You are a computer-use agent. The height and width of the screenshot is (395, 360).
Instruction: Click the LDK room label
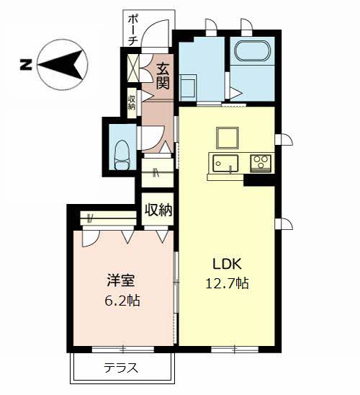point(228,265)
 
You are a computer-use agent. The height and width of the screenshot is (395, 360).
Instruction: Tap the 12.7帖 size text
point(228,283)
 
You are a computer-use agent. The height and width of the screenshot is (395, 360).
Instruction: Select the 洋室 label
point(121,280)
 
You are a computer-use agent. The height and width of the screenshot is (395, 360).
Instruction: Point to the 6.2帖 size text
point(122,300)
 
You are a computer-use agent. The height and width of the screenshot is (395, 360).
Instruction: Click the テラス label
point(121,368)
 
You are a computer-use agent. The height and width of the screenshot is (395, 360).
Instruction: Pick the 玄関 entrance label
point(163,76)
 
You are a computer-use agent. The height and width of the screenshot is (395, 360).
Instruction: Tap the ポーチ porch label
point(132,30)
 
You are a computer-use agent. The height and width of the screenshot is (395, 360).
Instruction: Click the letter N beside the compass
point(26,65)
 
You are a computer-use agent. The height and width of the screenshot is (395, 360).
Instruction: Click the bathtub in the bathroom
point(253,51)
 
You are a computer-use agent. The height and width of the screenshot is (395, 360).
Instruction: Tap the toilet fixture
point(122,155)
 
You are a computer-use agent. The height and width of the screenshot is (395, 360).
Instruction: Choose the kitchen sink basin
point(225,164)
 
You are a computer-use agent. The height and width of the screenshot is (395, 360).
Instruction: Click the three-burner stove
point(261,163)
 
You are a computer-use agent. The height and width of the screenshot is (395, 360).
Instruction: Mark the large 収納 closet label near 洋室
point(158,210)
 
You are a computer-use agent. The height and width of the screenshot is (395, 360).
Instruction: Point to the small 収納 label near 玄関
point(132,102)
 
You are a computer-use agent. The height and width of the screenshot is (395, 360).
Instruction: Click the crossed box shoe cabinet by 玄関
point(133,68)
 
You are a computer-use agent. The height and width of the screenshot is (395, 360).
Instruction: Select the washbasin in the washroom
point(187,86)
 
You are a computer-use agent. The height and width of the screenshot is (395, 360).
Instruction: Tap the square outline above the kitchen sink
point(228,138)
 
